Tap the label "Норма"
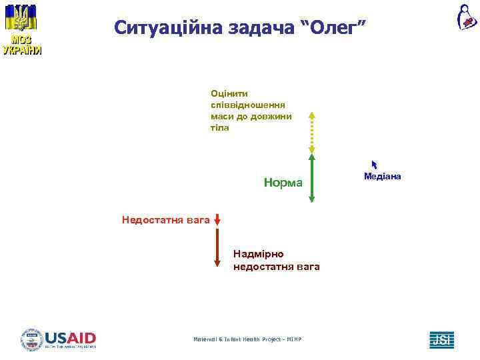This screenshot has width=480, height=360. (x=283, y=183)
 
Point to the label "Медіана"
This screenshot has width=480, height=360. (x=383, y=176)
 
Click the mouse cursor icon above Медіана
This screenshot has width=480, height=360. (x=375, y=164)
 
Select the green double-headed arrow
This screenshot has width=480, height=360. (x=311, y=178)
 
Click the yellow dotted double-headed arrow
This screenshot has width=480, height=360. (x=311, y=133)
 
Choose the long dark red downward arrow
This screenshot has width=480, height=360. (x=217, y=247)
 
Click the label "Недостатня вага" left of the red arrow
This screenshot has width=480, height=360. (x=165, y=219)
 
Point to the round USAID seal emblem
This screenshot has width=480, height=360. (x=31, y=339)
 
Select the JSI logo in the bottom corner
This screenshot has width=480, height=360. (x=441, y=339)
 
